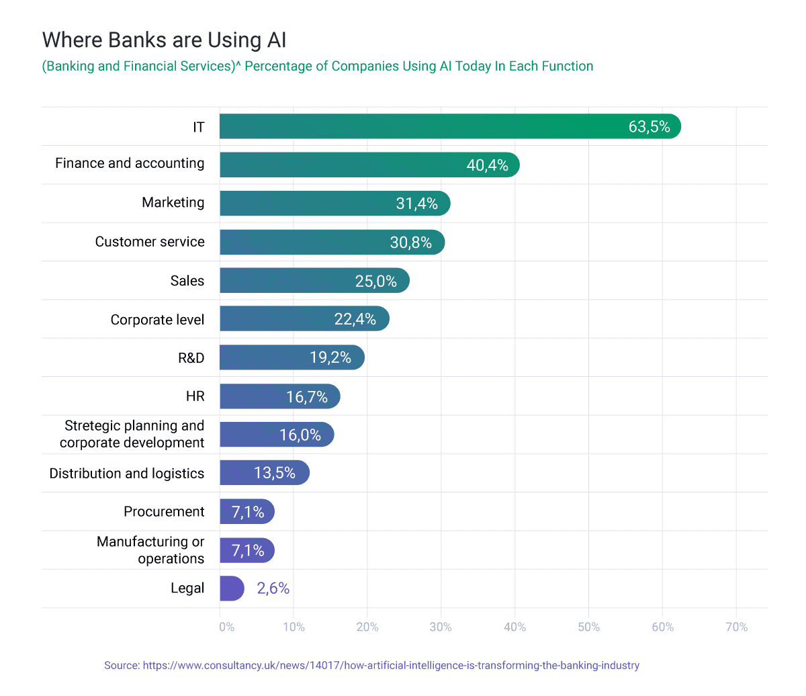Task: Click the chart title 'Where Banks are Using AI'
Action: click(x=165, y=40)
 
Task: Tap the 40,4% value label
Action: click(x=487, y=165)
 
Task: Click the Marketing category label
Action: click(x=173, y=203)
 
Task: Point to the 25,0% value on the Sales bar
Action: click(x=375, y=281)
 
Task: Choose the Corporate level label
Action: click(x=157, y=320)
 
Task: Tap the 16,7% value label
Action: click(x=307, y=397)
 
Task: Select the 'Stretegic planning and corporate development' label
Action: click(x=133, y=434)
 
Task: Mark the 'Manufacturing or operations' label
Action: click(x=150, y=550)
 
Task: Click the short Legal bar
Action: click(x=231, y=589)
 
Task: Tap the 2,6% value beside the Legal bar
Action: click(x=273, y=589)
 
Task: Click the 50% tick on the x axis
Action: click(x=588, y=627)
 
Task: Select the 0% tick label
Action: click(x=227, y=627)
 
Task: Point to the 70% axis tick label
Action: click(x=736, y=627)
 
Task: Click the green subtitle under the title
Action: click(x=318, y=67)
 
